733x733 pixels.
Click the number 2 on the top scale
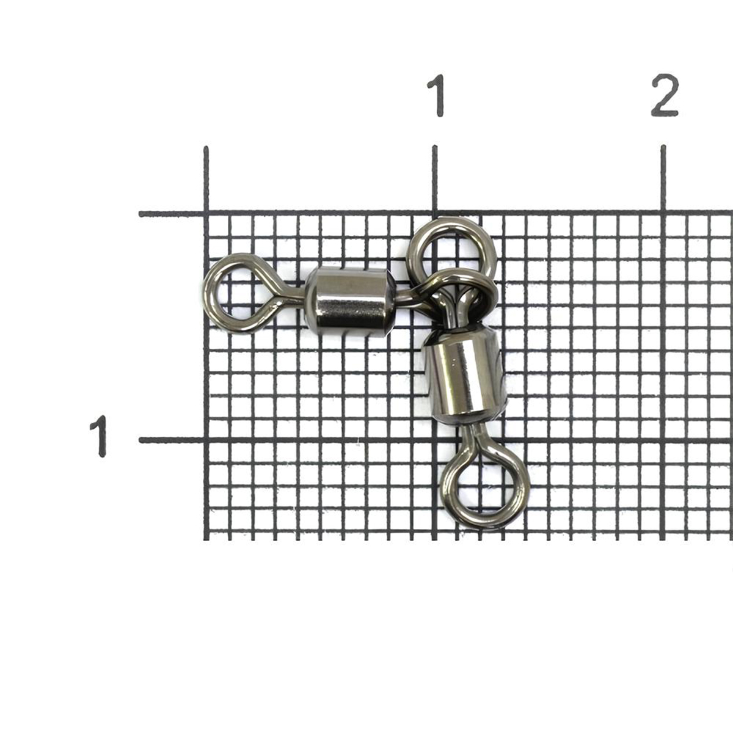coord(665,95)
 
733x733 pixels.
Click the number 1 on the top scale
coord(437,95)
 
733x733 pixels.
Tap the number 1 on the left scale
coord(99,436)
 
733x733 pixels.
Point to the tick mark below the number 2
coord(663,178)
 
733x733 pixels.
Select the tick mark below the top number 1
coord(435,178)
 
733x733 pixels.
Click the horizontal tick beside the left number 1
coord(171,440)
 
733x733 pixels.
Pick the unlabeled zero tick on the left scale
coord(171,214)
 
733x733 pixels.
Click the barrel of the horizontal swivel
coord(350,302)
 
